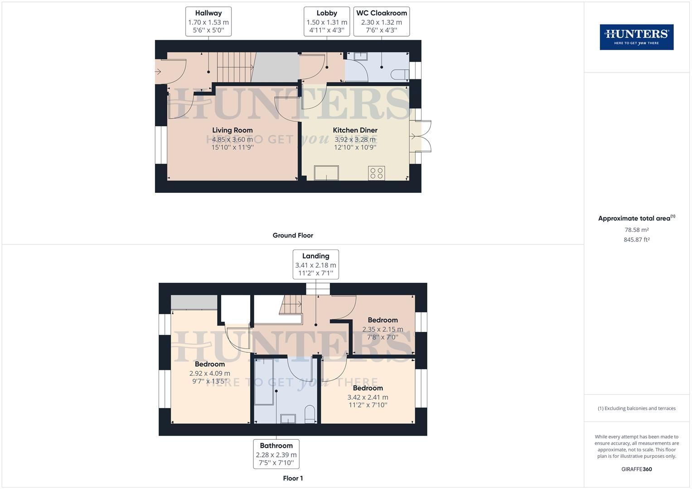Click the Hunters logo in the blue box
pyautogui.click(x=636, y=37)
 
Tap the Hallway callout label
pyautogui.click(x=208, y=22)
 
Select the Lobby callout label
pyautogui.click(x=327, y=22)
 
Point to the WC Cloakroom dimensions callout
pyautogui.click(x=382, y=22)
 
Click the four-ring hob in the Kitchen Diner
pyautogui.click(x=376, y=173)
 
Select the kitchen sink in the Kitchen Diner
pyautogui.click(x=326, y=173)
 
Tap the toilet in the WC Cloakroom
pyautogui.click(x=400, y=74)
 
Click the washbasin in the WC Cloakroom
pyautogui.click(x=361, y=56)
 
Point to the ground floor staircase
pyautogui.click(x=236, y=67)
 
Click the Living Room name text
pyautogui.click(x=232, y=130)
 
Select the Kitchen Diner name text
pyautogui.click(x=355, y=130)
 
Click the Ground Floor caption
pyautogui.click(x=293, y=235)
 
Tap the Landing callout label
pyautogui.click(x=316, y=264)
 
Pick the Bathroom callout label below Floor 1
pyautogui.click(x=276, y=454)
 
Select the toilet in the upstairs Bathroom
pyautogui.click(x=310, y=414)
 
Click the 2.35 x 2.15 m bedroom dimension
pyautogui.click(x=383, y=330)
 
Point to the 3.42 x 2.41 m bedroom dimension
pyautogui.click(x=368, y=398)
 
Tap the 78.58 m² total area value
pyautogui.click(x=636, y=230)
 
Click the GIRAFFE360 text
pyautogui.click(x=636, y=469)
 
